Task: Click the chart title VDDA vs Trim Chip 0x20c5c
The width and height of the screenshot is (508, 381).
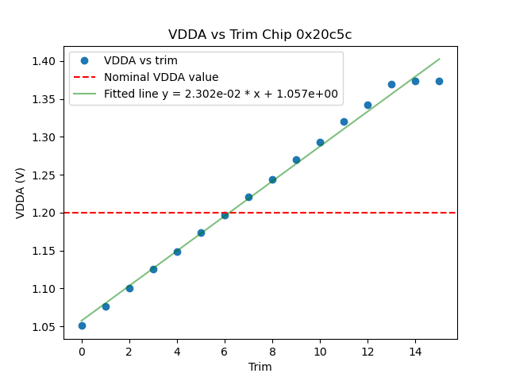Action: click(260, 35)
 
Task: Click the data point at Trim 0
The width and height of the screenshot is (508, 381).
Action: click(82, 325)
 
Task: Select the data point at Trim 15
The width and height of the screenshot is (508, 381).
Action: click(439, 81)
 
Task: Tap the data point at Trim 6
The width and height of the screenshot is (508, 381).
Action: click(225, 215)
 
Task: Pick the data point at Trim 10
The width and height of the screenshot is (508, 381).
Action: click(320, 143)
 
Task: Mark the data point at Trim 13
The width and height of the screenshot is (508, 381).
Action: click(391, 84)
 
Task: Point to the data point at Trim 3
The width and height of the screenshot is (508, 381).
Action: click(153, 269)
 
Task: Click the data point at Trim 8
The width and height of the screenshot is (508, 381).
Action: click(272, 179)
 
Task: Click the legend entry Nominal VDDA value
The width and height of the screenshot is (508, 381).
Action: click(161, 77)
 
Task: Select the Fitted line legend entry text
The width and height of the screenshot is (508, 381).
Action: click(221, 94)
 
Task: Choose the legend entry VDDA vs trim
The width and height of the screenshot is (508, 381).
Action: click(140, 60)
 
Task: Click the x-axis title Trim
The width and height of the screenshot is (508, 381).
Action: click(260, 367)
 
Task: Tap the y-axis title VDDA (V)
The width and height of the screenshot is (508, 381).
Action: click(21, 193)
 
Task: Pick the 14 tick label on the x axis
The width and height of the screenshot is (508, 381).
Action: click(415, 351)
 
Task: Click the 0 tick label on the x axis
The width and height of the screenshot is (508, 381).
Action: click(82, 351)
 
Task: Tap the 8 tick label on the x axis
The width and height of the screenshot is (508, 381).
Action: click(272, 351)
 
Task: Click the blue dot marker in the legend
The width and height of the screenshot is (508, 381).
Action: click(84, 60)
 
